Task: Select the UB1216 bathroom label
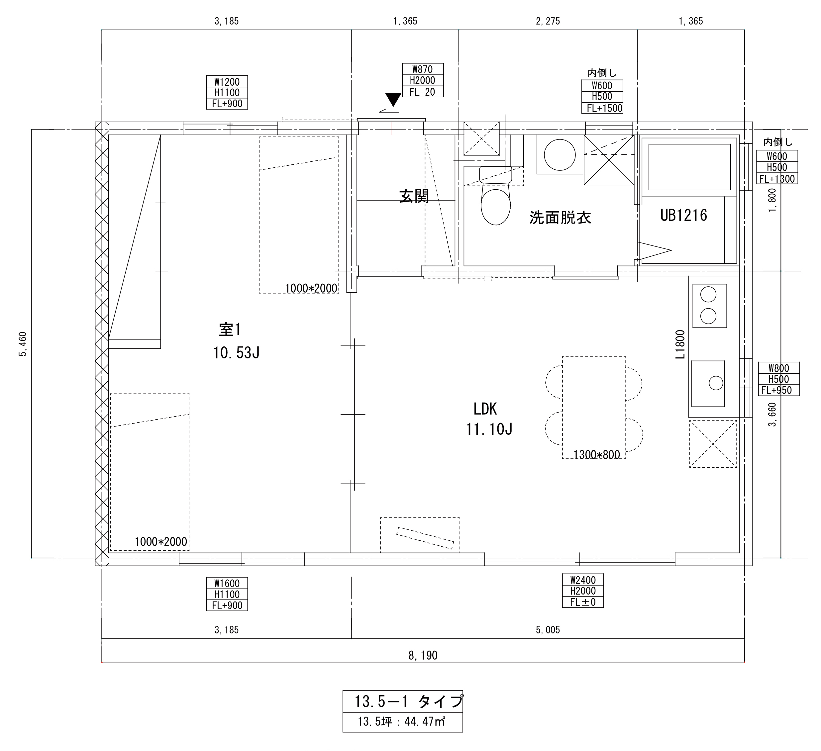tap(684, 215)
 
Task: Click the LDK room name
tap(485, 409)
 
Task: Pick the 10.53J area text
tap(236, 353)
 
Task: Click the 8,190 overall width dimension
tap(423, 655)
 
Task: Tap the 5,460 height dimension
tap(23, 344)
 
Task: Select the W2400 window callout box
tap(583, 591)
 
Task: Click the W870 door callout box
tap(423, 80)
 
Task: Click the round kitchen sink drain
tap(716, 383)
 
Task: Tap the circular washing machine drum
tap(560, 155)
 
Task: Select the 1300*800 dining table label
tap(597, 455)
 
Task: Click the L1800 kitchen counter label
tap(680, 344)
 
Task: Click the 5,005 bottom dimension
tap(548, 630)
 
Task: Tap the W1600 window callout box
tap(227, 594)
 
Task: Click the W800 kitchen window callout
tap(779, 379)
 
